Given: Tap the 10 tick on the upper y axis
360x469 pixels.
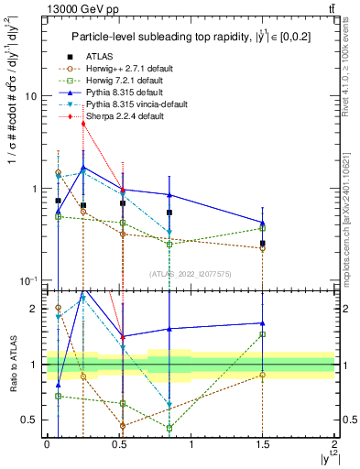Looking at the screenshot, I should pos(32,96).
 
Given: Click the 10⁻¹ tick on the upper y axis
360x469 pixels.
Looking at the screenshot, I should pos(30,280).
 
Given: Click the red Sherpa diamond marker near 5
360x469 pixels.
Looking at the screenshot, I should pos(83,124).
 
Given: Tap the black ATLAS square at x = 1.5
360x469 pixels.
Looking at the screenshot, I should pos(263,244).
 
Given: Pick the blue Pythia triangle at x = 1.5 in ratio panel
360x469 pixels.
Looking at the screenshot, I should pos(263,322).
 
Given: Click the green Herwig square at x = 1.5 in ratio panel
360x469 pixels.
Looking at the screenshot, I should pos(263,334).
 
